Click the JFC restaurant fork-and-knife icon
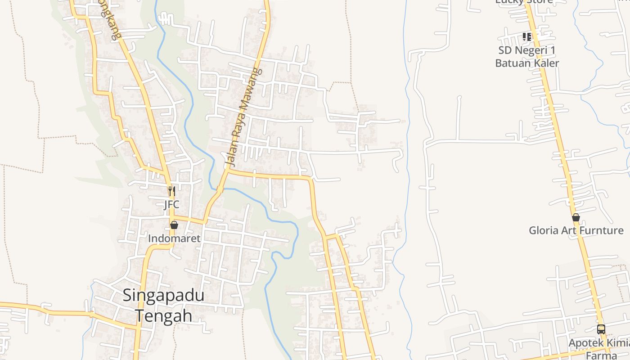pos(171,191)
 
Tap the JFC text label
pos(171,205)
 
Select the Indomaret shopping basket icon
pos(174,225)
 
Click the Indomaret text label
pos(174,238)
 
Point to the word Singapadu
pos(163,296)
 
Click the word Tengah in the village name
pos(163,316)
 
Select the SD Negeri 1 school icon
pos(527,36)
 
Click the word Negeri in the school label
pos(529,50)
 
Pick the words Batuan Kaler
pos(527,63)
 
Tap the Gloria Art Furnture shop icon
pos(576,218)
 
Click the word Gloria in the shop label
pos(543,231)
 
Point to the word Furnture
pos(601,231)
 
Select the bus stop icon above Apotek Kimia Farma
pos(601,329)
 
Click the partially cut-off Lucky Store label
pos(524,2)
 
